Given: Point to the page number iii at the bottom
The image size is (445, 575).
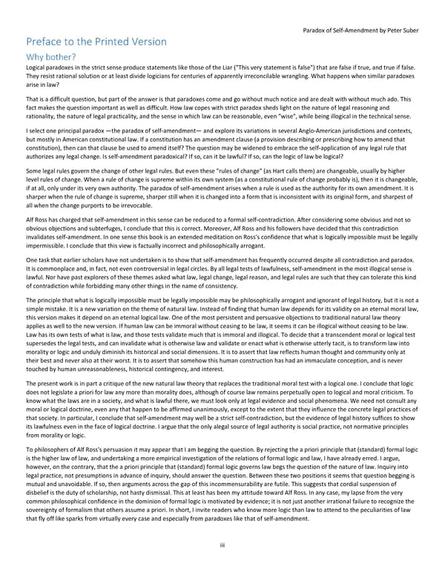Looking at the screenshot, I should click(x=222, y=546).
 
